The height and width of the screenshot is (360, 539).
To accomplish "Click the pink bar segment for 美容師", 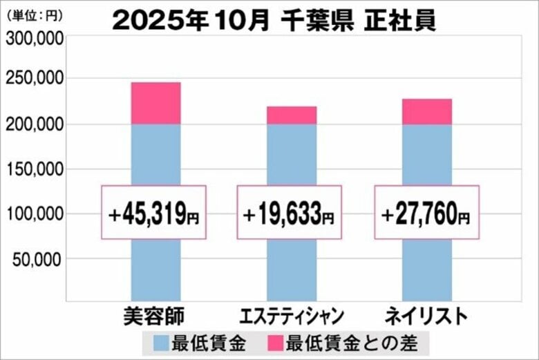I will point(155,104).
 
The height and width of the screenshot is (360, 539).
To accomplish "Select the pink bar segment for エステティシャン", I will point(291,115).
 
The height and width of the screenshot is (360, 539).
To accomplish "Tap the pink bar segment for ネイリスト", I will point(426,112).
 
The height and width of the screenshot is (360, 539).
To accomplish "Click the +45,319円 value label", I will point(153,213).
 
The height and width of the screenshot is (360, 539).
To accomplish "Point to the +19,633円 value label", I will point(289,213).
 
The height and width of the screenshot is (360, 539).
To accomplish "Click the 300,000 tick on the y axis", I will point(34,39).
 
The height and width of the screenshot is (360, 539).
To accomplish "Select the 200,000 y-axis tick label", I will point(34,124).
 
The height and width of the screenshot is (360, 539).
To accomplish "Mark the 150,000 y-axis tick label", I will point(34,169).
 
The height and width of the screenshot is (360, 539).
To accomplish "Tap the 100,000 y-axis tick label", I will point(34,214).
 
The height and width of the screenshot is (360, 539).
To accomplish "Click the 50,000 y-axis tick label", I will point(37,258).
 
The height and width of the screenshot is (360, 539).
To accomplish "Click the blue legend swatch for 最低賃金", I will point(160,342).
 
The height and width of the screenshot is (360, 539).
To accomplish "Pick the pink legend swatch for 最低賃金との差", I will point(274,342).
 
